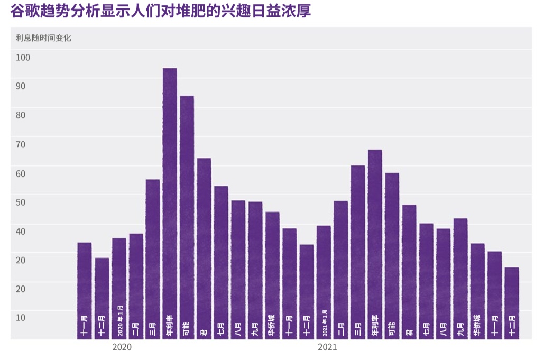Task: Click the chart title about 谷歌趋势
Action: coord(160,11)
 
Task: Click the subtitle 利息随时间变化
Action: coord(43,38)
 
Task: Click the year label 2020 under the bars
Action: coord(122,347)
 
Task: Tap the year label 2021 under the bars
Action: coord(327,347)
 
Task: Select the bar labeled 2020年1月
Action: coord(119,288)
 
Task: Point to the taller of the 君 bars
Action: coord(204,248)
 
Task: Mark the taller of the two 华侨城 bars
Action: coord(272,275)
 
